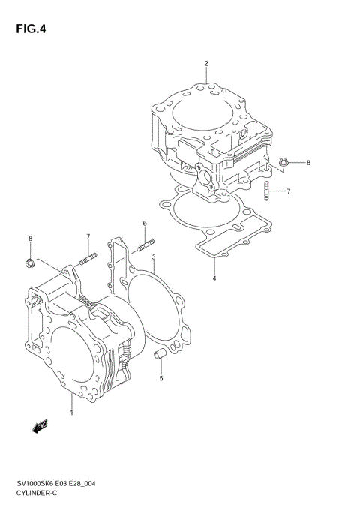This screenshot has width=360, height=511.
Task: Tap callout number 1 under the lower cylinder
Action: [72, 413]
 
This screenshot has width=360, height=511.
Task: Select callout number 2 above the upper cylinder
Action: [205, 64]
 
